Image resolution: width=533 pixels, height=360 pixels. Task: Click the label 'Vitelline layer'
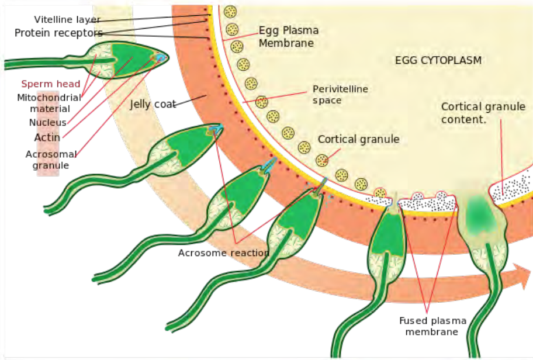point(67,20)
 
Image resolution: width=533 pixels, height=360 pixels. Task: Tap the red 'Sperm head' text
point(51,84)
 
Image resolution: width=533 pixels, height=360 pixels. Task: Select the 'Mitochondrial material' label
point(49,103)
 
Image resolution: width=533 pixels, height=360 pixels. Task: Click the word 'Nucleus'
point(47,123)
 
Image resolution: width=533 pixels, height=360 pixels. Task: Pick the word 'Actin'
point(47,137)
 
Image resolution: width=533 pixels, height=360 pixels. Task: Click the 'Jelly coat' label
point(153,105)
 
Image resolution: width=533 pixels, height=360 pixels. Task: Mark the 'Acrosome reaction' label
point(224,253)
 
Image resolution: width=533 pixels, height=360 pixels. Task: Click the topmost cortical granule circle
point(230,12)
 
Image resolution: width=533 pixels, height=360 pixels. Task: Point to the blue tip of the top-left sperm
point(160,57)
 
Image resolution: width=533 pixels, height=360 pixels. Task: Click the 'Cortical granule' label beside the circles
point(358,140)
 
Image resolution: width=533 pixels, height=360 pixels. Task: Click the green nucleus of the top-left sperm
point(130,57)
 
